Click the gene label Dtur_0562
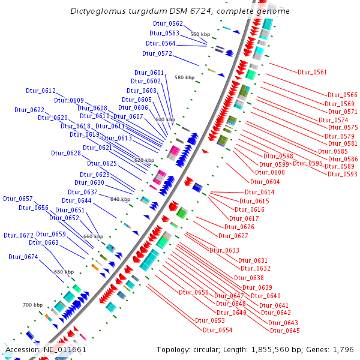(x=168, y=23)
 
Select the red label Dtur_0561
(x=312, y=72)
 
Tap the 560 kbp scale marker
(x=200, y=34)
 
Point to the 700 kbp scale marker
(x=33, y=305)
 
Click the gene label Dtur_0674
(x=23, y=257)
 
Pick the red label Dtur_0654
(x=217, y=330)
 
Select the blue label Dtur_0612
(x=40, y=91)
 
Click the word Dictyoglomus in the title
(x=98, y=11)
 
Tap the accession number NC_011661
(x=65, y=349)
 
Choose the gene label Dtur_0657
(x=18, y=198)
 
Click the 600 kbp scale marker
(x=165, y=119)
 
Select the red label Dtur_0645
(x=284, y=331)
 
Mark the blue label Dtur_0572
(x=158, y=53)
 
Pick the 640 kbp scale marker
(x=121, y=199)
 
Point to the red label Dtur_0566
(x=342, y=95)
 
